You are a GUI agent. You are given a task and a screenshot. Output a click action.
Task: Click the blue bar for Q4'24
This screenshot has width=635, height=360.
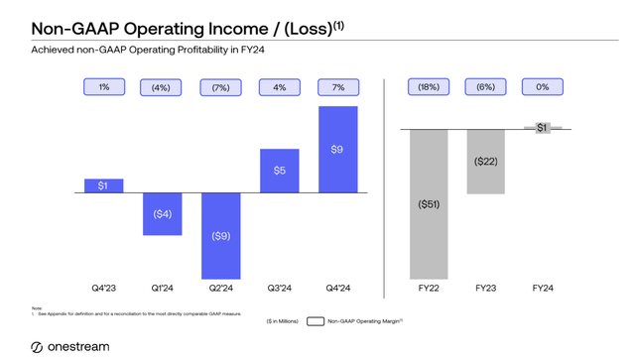point(336,149)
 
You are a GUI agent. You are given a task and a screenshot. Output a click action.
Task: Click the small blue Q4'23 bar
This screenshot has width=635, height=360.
point(104,185)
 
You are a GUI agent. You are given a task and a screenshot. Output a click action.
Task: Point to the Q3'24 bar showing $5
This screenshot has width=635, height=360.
point(279,171)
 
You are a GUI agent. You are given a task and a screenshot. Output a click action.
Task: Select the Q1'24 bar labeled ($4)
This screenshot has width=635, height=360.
point(163,213)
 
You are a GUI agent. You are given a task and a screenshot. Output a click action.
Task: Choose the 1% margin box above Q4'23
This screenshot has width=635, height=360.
point(104,87)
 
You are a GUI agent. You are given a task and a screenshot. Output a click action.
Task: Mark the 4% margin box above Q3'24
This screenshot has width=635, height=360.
point(279,87)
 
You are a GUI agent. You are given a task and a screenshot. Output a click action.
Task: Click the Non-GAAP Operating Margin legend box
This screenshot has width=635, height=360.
point(317,321)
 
